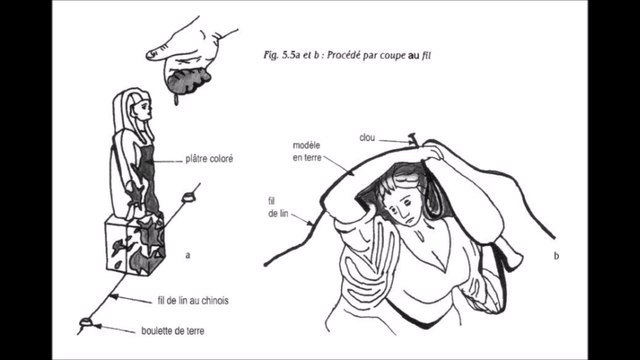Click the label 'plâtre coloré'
[x=209, y=158]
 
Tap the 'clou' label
[x=367, y=138]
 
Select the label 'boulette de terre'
[x=173, y=331]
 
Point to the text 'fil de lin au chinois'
[x=193, y=301]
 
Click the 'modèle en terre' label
[x=307, y=151]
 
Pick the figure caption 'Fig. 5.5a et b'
[x=291, y=55]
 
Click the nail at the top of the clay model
[x=413, y=139]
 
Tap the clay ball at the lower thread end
[x=86, y=322]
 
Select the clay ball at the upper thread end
[x=189, y=197]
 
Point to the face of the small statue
[x=145, y=108]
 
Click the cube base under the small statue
[x=135, y=244]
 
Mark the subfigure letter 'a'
[x=188, y=256]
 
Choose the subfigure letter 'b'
[x=556, y=256]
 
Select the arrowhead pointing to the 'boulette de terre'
[x=97, y=326]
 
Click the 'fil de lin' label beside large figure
[x=278, y=207]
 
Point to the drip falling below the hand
[x=176, y=100]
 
